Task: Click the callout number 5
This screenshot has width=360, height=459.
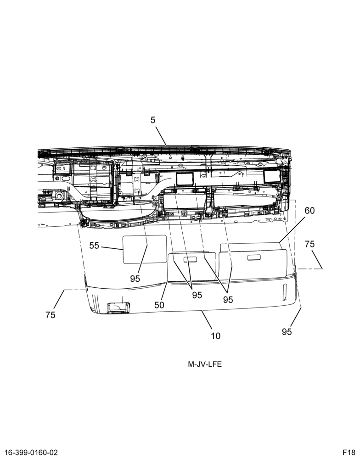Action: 153,120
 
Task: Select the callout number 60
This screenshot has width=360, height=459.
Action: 309,211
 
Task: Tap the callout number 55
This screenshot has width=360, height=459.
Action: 94,246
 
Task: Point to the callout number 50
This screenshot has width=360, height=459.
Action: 159,305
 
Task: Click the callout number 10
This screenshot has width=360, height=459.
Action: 216,336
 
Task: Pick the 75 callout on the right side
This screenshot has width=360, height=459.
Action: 309,244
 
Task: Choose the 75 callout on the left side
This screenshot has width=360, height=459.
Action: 51,315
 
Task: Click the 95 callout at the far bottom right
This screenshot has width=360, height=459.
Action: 287,332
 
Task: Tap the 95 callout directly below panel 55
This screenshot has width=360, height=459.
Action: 135,279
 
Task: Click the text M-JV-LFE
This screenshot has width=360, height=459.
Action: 205,364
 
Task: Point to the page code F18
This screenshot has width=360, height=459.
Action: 349,453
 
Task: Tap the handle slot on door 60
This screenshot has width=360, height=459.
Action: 254,257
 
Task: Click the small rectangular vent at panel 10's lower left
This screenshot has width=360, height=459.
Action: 118,308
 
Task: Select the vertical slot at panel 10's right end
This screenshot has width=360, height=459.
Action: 284,292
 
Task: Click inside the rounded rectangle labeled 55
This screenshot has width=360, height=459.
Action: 144,249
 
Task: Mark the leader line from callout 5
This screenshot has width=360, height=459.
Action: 161,136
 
